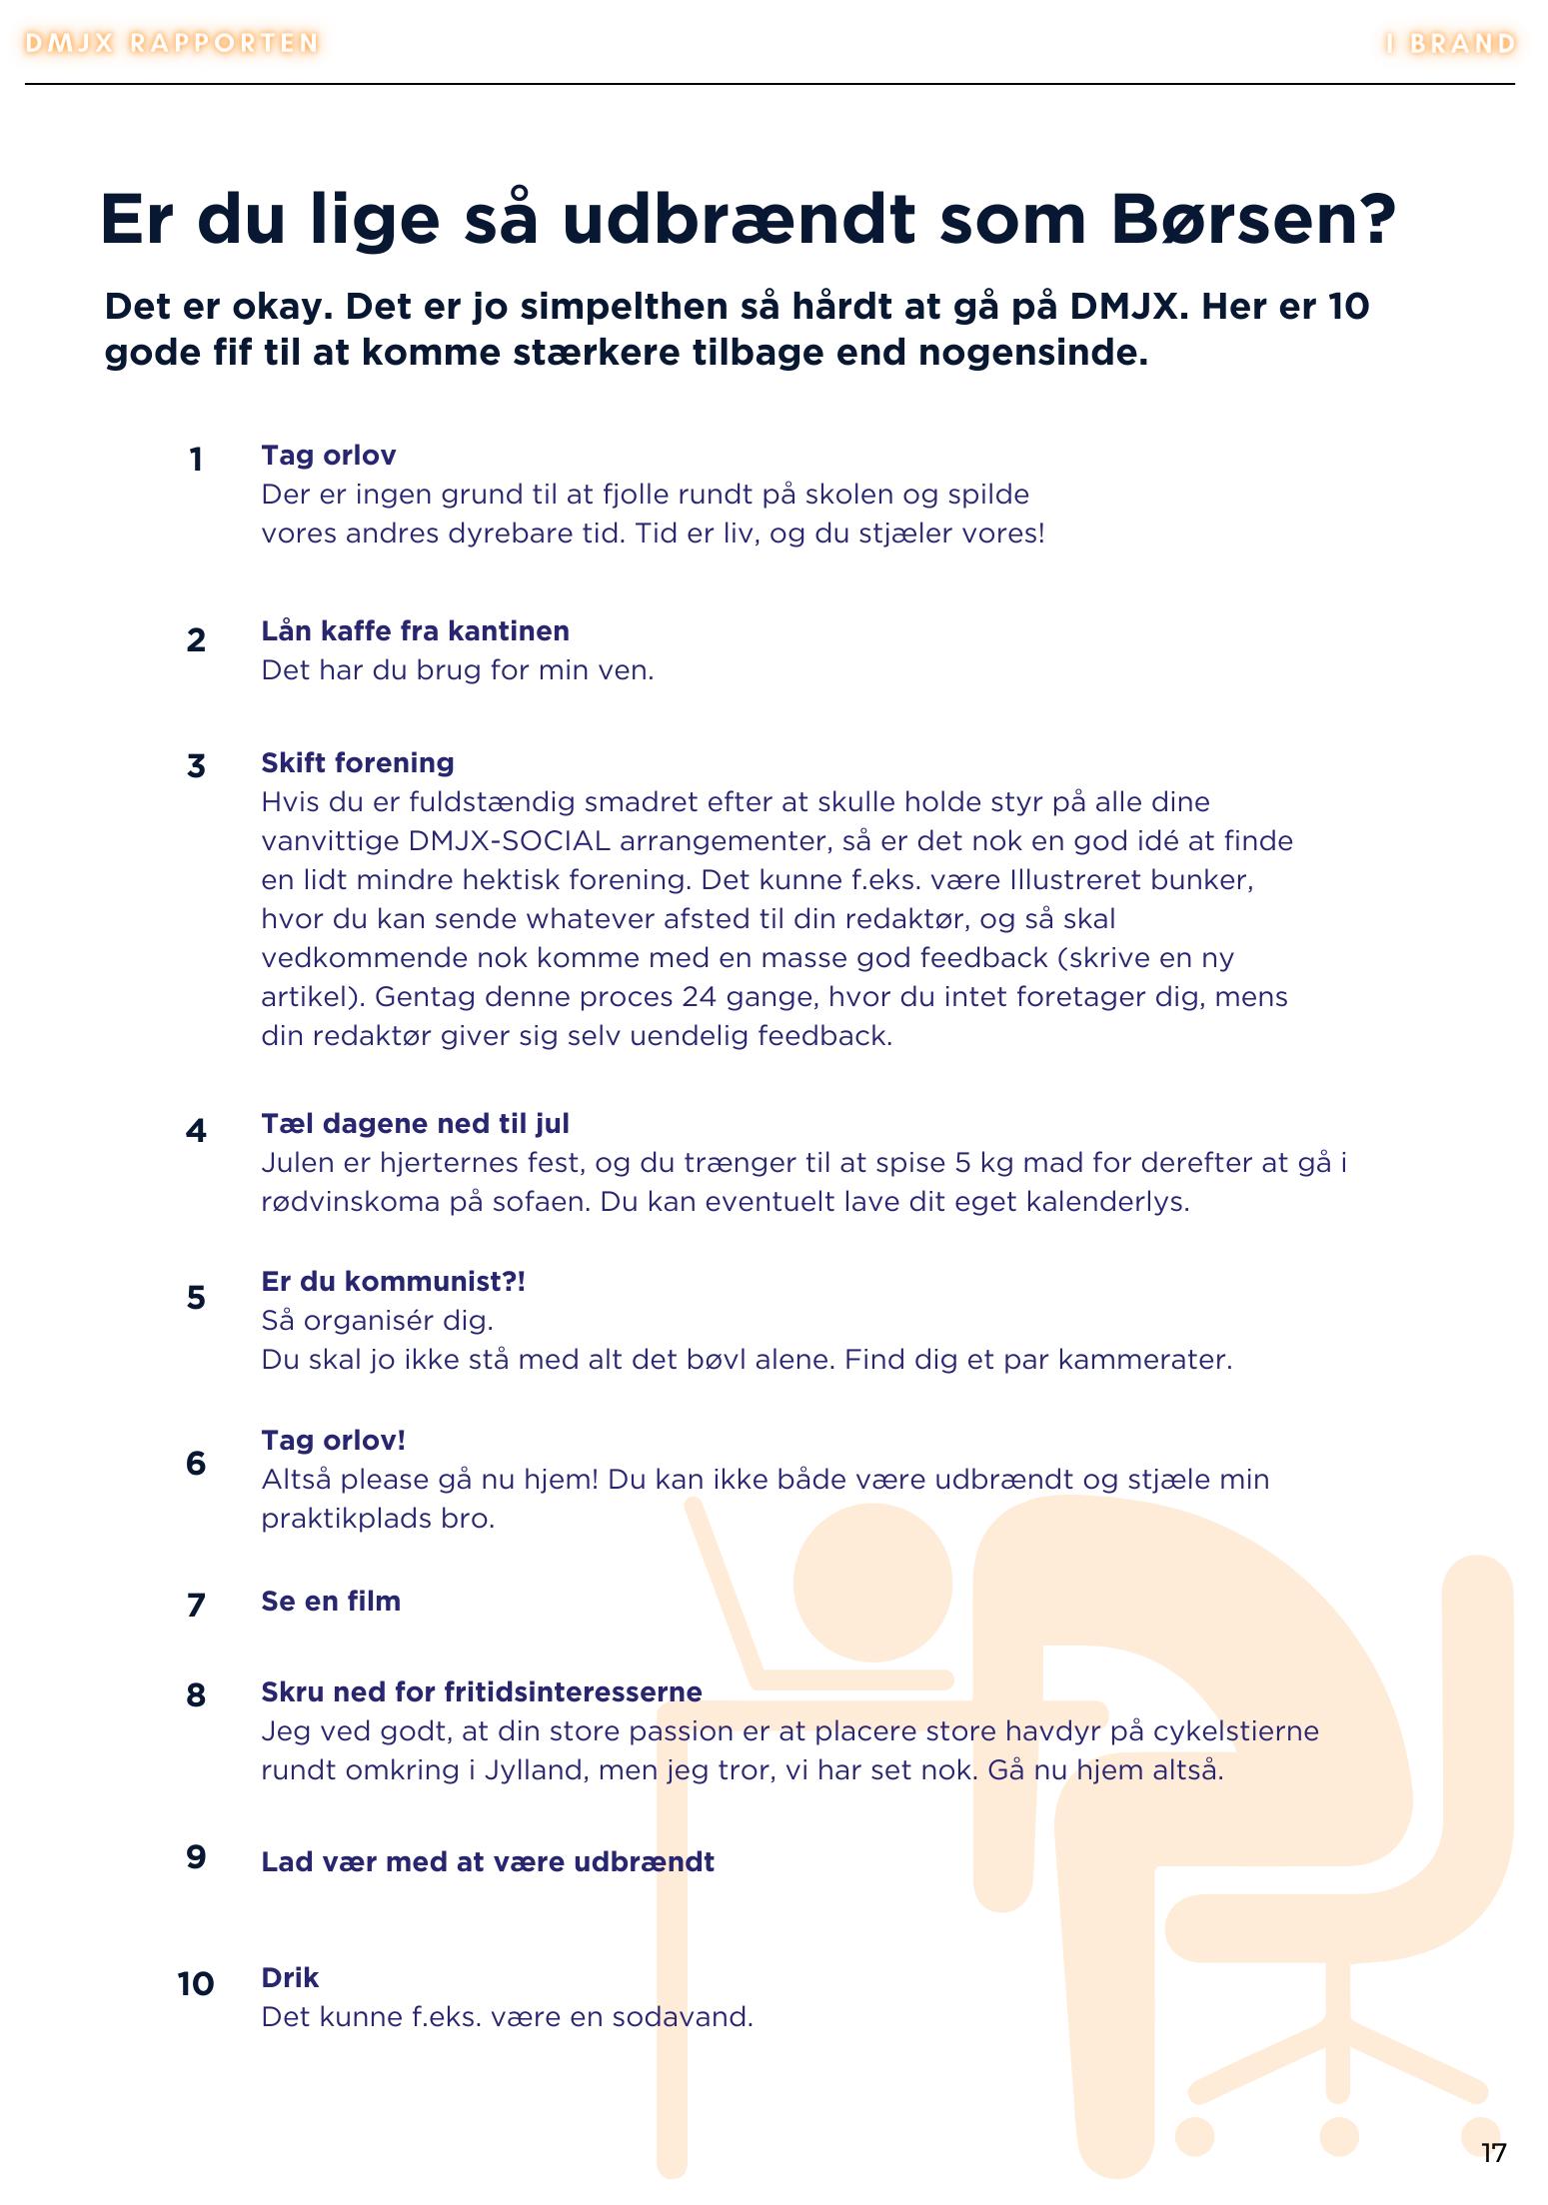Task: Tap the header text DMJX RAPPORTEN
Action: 171,43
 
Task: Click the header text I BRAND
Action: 1450,44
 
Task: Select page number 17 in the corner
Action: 1493,2152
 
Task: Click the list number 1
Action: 196,460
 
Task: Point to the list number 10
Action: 196,1983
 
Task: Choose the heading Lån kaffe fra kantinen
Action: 415,630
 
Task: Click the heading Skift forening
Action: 357,762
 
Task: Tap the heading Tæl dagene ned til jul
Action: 415,1123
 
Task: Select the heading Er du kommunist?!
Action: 393,1281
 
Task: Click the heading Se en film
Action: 331,1601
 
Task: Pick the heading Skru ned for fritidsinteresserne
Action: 481,1691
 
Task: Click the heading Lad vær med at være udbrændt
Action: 487,1861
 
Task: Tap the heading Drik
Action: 290,1977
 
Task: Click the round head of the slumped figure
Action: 872,1584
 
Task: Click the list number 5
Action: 196,1298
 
